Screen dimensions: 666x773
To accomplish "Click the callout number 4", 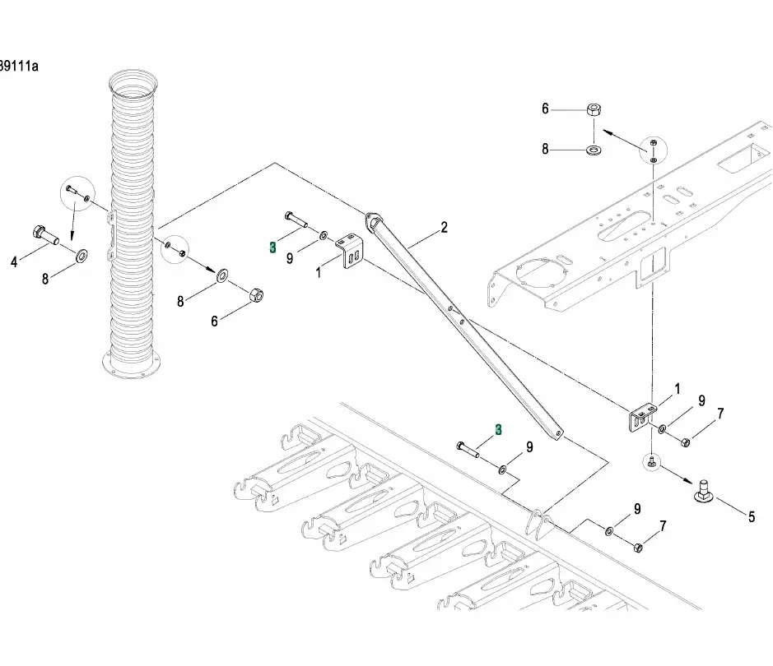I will pyautogui.click(x=14, y=262).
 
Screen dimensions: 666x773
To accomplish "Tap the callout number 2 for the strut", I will pyautogui.click(x=444, y=228).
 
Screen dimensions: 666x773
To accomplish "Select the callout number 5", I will pyautogui.click(x=751, y=517).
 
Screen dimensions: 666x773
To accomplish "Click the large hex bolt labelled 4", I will pyautogui.click(x=44, y=236).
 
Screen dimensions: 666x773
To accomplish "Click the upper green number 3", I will pyautogui.click(x=272, y=247).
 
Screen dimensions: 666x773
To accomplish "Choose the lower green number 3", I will pyautogui.click(x=498, y=429).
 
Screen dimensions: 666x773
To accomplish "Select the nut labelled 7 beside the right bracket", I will pyautogui.click(x=686, y=442).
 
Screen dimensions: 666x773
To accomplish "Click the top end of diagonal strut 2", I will pyautogui.click(x=374, y=220).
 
